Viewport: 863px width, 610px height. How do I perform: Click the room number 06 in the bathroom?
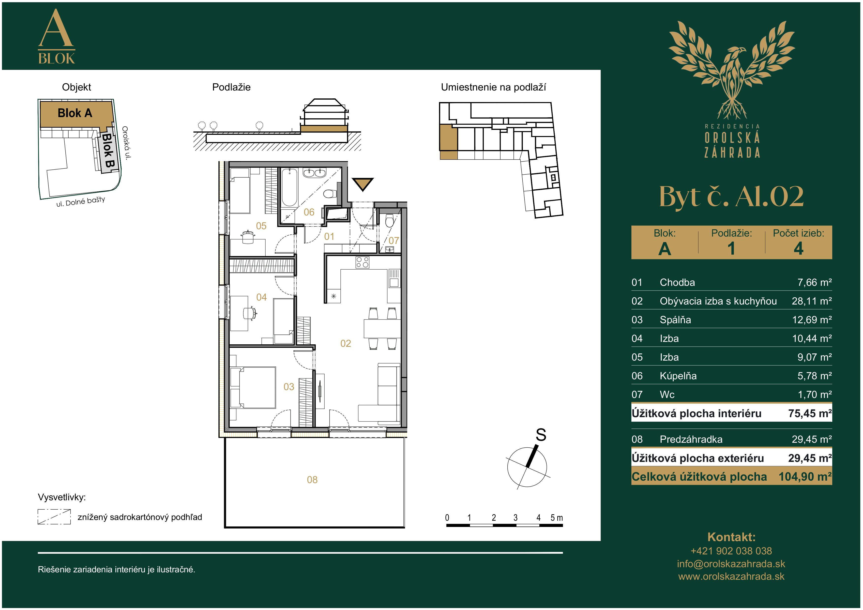coord(309,212)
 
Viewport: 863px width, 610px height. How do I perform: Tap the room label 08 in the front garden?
coord(312,480)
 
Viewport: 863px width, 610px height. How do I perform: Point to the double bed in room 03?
coord(253,387)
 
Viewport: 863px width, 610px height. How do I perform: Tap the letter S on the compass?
coord(541,435)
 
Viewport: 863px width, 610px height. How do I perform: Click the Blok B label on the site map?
coord(108,151)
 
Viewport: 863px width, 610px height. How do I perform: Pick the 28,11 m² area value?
coord(812,301)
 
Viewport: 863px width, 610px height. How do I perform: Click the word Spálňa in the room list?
coord(675,320)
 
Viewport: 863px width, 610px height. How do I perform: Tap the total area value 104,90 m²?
coord(805,477)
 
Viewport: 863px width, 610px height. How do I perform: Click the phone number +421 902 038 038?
coord(731,551)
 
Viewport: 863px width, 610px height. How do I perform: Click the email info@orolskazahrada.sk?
coord(731,564)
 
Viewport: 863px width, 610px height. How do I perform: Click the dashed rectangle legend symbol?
coord(54,517)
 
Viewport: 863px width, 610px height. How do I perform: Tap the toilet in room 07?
coord(390,221)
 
